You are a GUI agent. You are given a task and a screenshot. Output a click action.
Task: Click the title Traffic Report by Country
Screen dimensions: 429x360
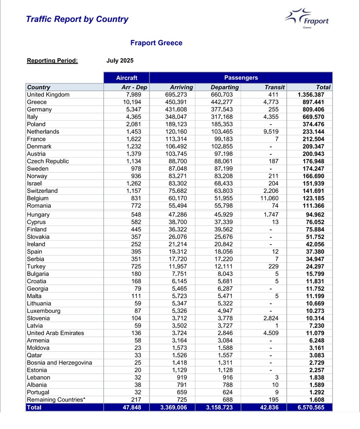pyautogui.click(x=77, y=19)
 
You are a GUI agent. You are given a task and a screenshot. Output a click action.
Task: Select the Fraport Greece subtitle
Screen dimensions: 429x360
pyautogui.click(x=156, y=43)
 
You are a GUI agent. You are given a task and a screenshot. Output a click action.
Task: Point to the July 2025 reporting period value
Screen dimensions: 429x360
pyautogui.click(x=120, y=60)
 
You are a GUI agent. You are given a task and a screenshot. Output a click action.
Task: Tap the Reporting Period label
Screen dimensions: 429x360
pyautogui.click(x=52, y=60)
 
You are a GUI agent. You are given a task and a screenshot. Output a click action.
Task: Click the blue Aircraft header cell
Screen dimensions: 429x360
pyautogui.click(x=126, y=78)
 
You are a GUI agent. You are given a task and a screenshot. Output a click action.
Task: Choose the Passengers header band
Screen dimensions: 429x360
pyautogui.click(x=241, y=78)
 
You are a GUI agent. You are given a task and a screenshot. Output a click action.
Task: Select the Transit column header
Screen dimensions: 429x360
pyautogui.click(x=275, y=87)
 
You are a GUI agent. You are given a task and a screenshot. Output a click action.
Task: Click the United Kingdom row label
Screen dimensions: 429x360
pyautogui.click(x=48, y=94)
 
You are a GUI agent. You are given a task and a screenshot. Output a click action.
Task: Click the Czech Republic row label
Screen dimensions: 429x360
pyautogui.click(x=48, y=161)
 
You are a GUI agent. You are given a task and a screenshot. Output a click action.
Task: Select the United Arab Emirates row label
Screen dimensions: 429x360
pyautogui.click(x=55, y=333)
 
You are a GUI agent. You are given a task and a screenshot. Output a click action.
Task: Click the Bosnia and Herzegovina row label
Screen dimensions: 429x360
pyautogui.click(x=59, y=363)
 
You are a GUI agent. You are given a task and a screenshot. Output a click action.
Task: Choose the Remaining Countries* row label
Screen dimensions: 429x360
pyautogui.click(x=56, y=400)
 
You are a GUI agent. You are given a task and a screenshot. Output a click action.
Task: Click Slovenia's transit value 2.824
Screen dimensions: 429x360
pyautogui.click(x=275, y=318)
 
